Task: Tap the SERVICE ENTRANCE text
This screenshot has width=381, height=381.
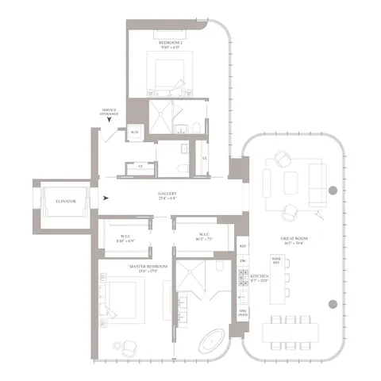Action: point(109,112)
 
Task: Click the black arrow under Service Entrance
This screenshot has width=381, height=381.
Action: point(109,123)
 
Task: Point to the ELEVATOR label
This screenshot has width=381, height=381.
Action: point(66,202)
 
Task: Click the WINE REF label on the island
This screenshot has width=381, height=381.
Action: point(276,260)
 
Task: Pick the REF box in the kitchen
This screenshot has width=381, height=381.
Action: point(243,244)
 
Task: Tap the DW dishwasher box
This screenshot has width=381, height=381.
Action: point(243,261)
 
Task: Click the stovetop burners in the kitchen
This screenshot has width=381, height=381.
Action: point(243,279)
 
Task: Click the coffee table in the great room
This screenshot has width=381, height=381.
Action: point(287,179)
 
